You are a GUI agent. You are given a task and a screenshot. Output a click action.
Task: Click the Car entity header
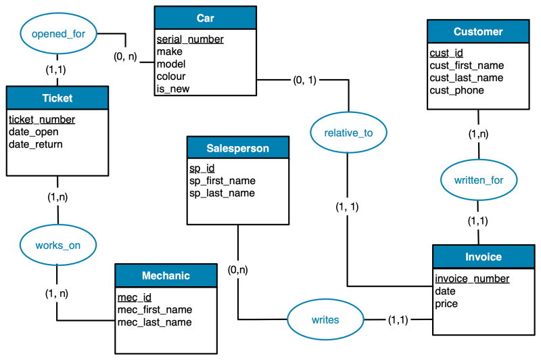click(206, 18)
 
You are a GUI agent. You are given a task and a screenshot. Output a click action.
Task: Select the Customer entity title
click(478, 31)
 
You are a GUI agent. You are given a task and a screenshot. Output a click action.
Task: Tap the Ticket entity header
click(57, 98)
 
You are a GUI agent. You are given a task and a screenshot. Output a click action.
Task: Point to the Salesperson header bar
click(238, 148)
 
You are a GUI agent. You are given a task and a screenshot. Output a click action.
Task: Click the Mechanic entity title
click(166, 275)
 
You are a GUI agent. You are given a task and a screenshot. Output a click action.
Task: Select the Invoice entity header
click(484, 256)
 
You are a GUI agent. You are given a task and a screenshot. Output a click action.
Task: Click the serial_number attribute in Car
click(190, 39)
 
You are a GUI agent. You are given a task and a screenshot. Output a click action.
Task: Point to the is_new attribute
click(173, 89)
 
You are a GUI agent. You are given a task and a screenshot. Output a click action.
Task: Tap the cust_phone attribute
click(457, 91)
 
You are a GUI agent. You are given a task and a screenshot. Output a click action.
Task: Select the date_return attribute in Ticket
click(36, 144)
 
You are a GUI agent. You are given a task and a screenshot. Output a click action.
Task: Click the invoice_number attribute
click(472, 279)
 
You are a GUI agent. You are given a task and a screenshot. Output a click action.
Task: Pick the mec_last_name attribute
click(155, 322)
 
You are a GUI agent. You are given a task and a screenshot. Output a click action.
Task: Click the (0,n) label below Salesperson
click(238, 269)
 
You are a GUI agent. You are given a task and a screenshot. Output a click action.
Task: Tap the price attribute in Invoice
click(446, 304)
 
